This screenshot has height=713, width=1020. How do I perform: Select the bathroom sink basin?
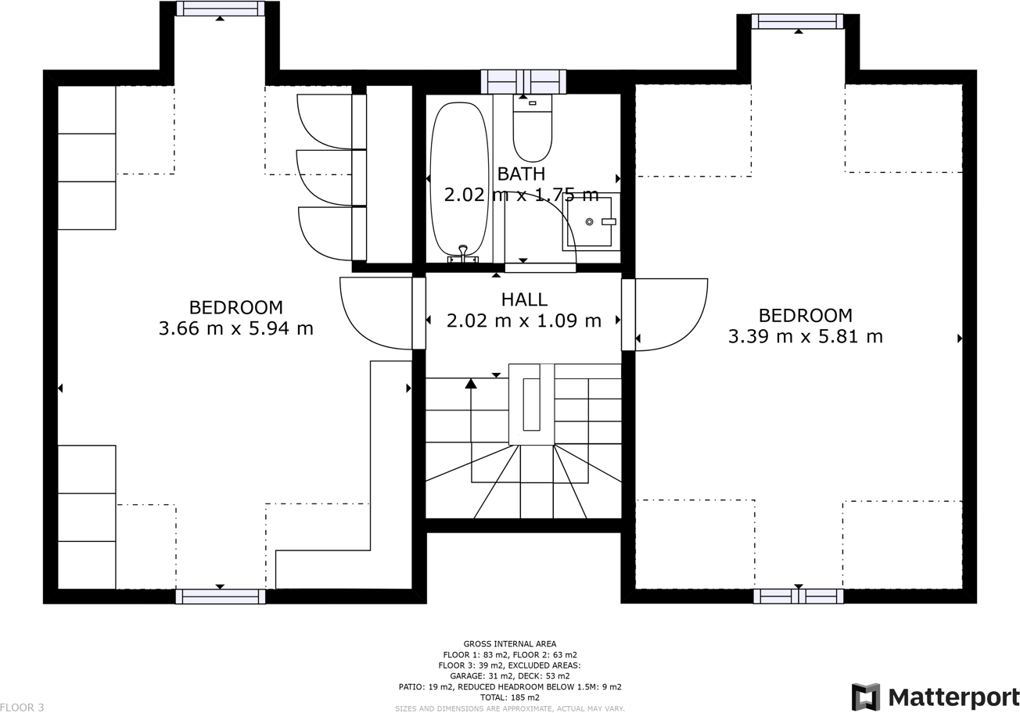point(590,222)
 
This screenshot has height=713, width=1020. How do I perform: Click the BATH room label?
point(521,174)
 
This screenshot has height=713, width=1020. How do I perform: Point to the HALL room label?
point(524,299)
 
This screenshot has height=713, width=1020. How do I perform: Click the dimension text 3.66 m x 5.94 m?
point(235,328)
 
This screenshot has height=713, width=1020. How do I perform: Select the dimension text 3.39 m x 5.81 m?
point(805,336)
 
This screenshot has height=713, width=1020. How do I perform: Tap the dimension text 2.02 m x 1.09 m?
point(523,321)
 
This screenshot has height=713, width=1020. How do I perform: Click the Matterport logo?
point(935,696)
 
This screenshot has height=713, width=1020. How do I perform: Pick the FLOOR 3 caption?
point(22,707)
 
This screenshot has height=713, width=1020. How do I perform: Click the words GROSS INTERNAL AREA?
point(509,644)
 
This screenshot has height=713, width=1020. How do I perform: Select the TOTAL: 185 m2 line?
point(509,697)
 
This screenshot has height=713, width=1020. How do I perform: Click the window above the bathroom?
point(523,81)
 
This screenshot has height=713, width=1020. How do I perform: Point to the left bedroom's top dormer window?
point(220,9)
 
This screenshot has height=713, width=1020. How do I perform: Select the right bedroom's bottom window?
point(798,596)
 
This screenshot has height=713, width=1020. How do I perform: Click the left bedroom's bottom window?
point(220,597)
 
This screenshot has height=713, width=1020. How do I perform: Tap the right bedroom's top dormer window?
point(797,21)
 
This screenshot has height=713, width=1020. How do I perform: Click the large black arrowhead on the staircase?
point(471,383)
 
